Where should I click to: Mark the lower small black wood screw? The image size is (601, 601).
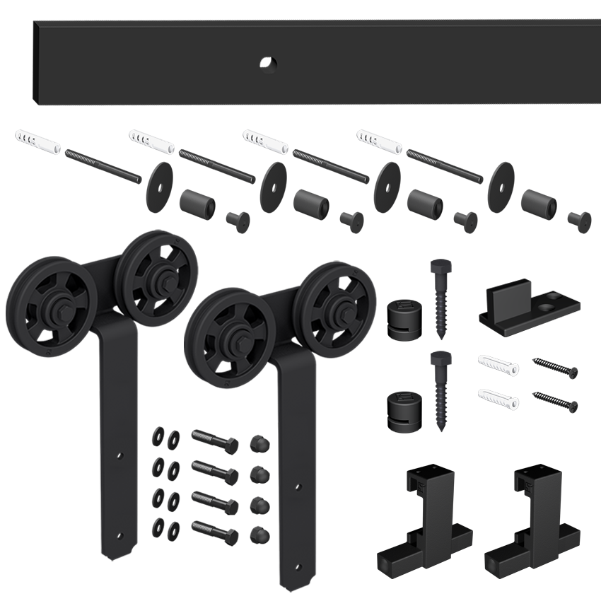click(556, 401)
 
